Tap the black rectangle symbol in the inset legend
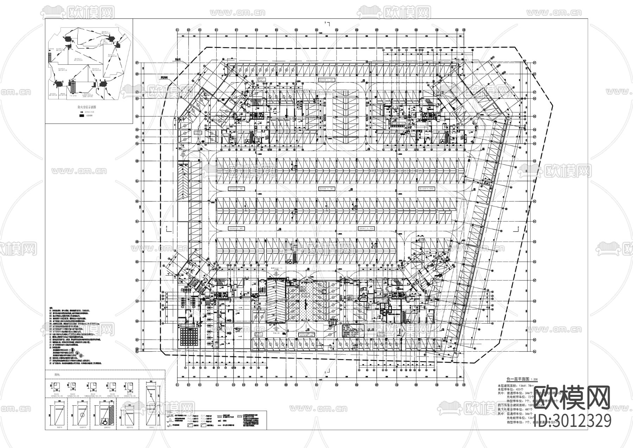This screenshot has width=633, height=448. (x=81, y=115)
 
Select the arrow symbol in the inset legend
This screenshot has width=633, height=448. (x=81, y=111)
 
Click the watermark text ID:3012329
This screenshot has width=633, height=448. (x=573, y=421)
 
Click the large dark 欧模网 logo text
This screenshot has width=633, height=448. (x=572, y=399)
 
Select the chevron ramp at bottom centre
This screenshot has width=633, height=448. (x=276, y=300)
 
